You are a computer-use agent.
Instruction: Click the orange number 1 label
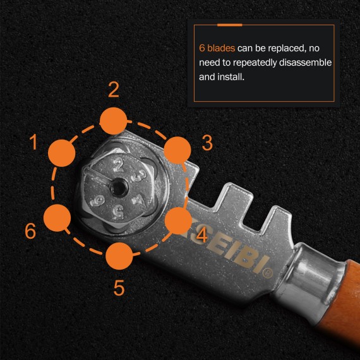point(33,143)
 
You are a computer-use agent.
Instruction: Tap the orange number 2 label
point(114,90)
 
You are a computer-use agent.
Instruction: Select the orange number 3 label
point(207,143)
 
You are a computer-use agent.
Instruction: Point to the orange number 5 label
point(119,288)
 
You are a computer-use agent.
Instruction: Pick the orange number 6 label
point(30,231)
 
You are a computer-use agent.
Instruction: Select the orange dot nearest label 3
point(177,150)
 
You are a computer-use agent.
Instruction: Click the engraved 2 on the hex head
point(117,166)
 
